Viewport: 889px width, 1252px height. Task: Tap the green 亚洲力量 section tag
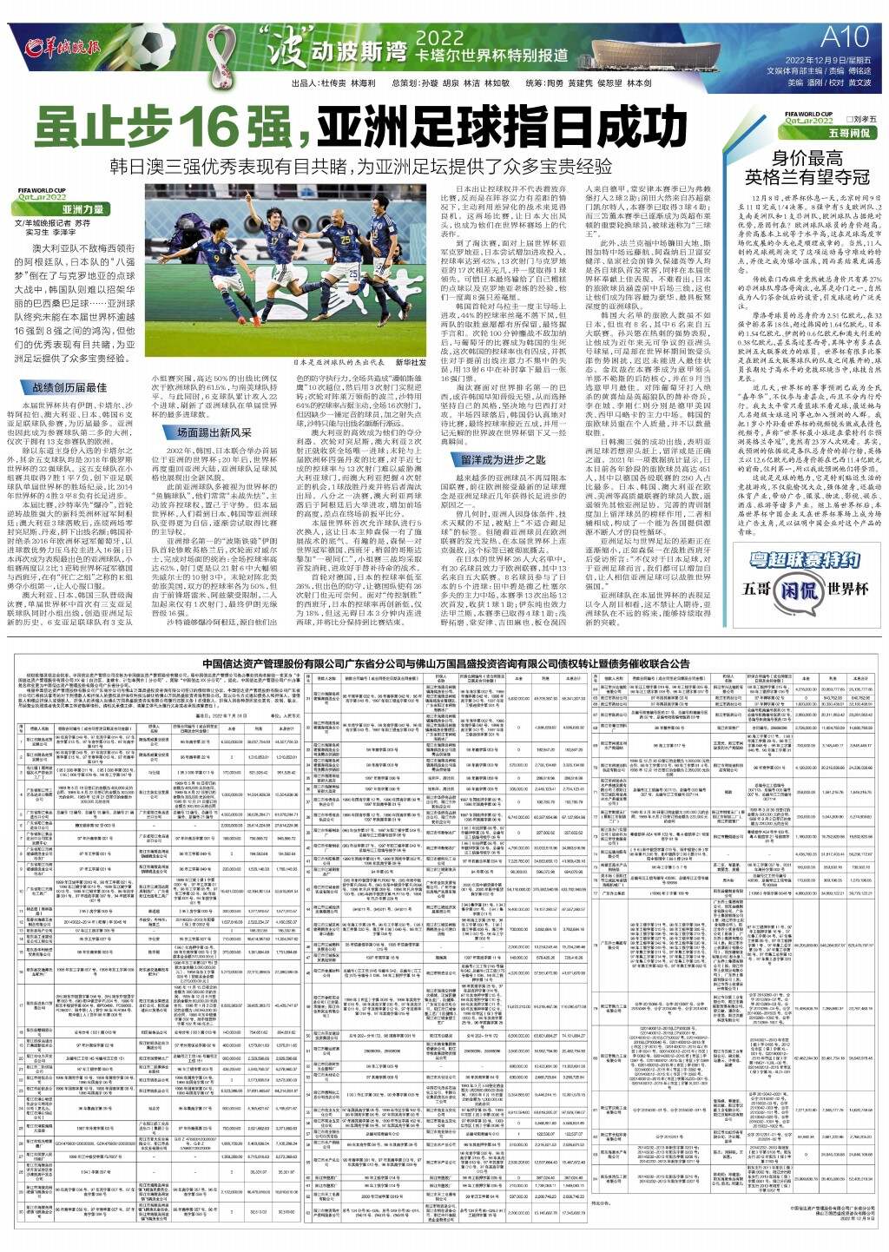[82, 209]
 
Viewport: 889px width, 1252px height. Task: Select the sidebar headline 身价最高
[808, 159]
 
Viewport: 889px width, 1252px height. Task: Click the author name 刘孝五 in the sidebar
[862, 117]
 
